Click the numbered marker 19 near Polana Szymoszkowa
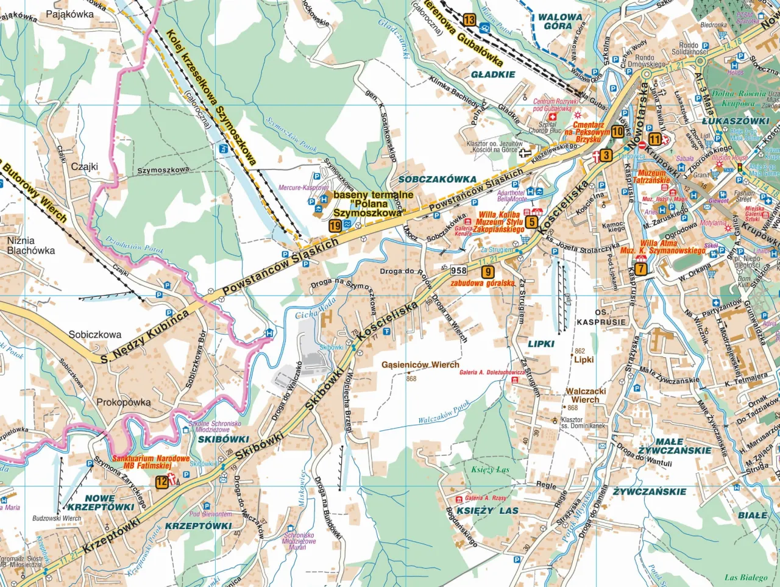point(335,226)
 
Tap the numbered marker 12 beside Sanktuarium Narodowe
point(161,482)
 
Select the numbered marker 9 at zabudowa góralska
point(487,272)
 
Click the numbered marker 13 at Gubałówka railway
point(469,20)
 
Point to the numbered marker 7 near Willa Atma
point(640,269)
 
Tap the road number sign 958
point(458,270)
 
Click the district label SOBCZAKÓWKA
point(437,179)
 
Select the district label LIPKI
point(541,344)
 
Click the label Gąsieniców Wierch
point(420,365)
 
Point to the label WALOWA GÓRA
point(559,21)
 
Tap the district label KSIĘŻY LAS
point(487,510)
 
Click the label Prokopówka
point(123,402)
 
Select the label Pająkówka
point(69,14)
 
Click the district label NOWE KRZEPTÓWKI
point(101,502)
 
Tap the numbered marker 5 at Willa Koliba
point(531,222)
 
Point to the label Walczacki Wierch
point(586,396)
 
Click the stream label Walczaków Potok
point(444,413)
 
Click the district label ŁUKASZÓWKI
point(736,121)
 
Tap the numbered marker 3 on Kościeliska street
point(605,155)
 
